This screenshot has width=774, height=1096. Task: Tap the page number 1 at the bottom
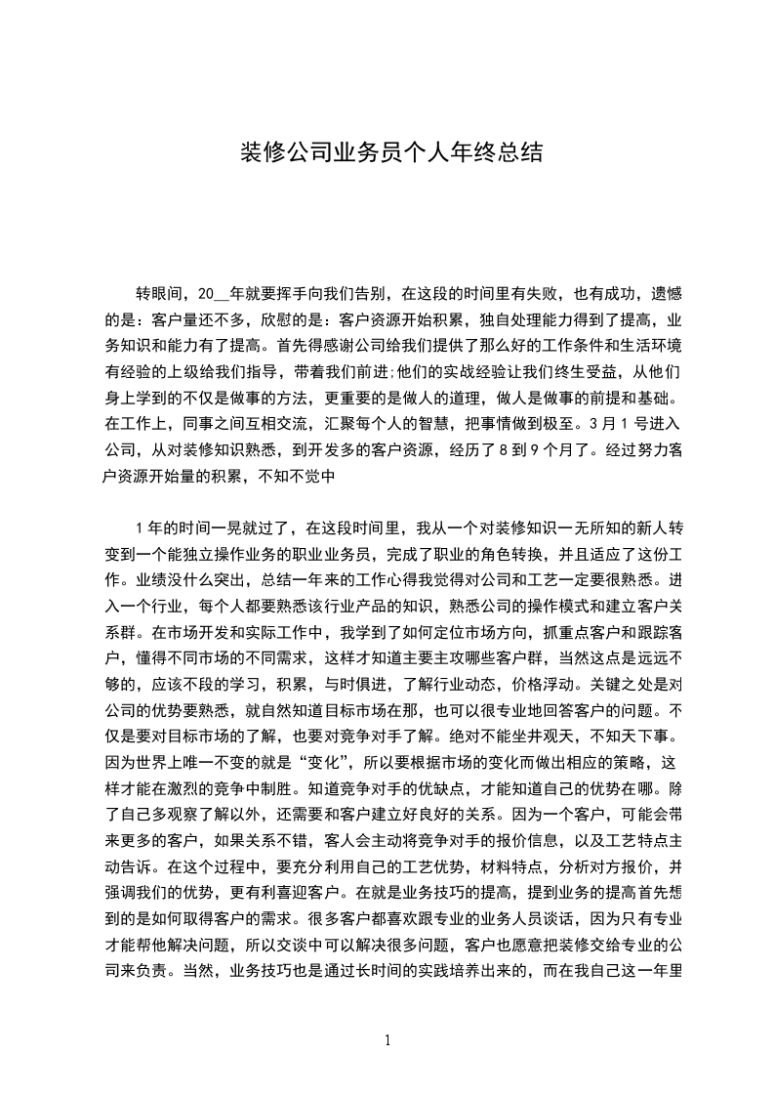(x=387, y=1040)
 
